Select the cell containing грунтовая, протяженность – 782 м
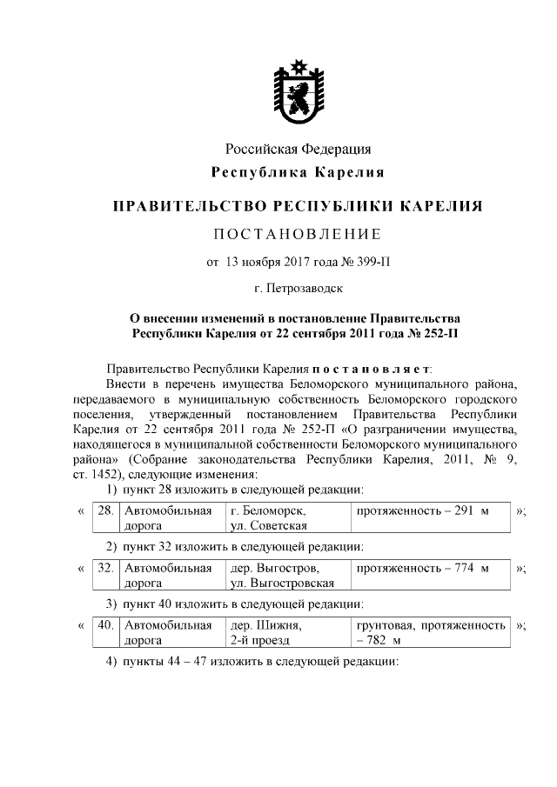pyautogui.click(x=430, y=633)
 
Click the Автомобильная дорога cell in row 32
pyautogui.click(x=169, y=576)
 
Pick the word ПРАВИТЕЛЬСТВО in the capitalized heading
pyautogui.click(x=188, y=207)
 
